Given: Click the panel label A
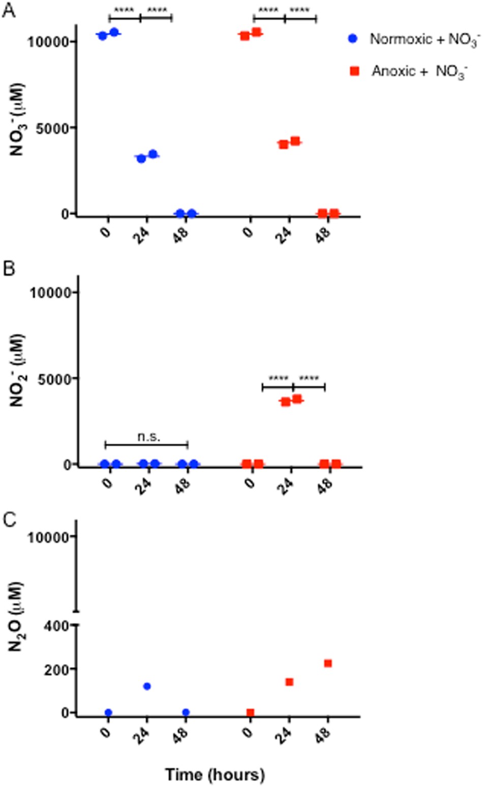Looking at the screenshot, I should click(x=9, y=10).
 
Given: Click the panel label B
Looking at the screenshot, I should click(x=9, y=268).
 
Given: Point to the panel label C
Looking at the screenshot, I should click(x=9, y=520).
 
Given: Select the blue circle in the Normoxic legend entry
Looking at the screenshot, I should click(x=352, y=39).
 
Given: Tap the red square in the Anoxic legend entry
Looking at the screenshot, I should click(x=354, y=71).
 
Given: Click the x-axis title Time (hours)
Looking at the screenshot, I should click(x=215, y=775).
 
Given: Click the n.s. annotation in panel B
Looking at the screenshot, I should click(x=148, y=436).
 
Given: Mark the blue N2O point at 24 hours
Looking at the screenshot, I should click(x=147, y=686).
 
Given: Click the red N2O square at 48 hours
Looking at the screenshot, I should click(x=328, y=663).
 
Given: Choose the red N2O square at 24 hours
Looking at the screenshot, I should click(x=289, y=682).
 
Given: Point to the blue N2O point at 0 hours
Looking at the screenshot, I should click(x=108, y=712).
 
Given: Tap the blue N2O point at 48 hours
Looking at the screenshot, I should click(x=186, y=712).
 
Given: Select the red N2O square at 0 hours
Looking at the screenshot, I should click(x=250, y=712).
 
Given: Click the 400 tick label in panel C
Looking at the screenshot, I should click(x=57, y=626).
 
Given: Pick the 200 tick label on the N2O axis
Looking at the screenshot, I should click(x=57, y=669).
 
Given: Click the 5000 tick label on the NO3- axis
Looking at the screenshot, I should click(x=52, y=128).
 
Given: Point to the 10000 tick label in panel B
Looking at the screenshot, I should click(x=50, y=292).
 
